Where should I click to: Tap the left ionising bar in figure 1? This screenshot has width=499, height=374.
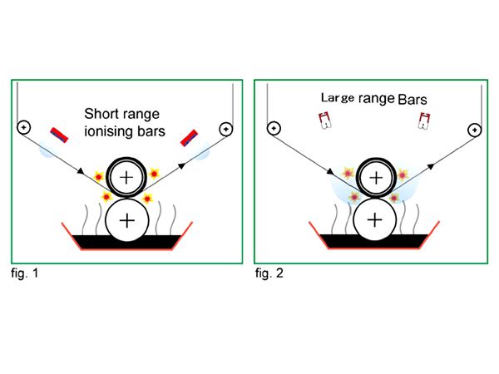(x=60, y=133)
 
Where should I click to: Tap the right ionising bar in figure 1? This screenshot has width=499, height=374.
(x=189, y=134)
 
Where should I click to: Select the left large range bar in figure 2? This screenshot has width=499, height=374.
(x=326, y=122)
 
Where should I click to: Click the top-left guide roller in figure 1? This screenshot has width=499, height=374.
(x=24, y=128)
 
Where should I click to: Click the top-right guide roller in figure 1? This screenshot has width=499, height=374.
(x=225, y=128)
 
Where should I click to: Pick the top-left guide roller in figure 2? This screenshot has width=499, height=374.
(x=274, y=129)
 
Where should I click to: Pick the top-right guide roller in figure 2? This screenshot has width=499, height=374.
(x=474, y=130)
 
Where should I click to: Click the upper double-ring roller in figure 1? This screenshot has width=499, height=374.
(x=126, y=176)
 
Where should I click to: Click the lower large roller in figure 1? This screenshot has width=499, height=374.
(x=126, y=219)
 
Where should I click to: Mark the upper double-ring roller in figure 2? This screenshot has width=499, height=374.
(x=376, y=176)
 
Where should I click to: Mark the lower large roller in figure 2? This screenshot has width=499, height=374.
(x=375, y=219)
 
